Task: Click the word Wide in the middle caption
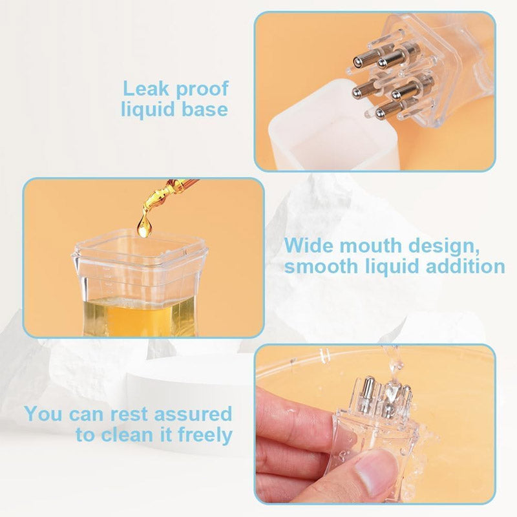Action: [308, 246]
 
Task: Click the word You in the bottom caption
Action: [44, 414]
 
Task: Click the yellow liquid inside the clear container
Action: [142, 317]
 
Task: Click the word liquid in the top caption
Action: [149, 109]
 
